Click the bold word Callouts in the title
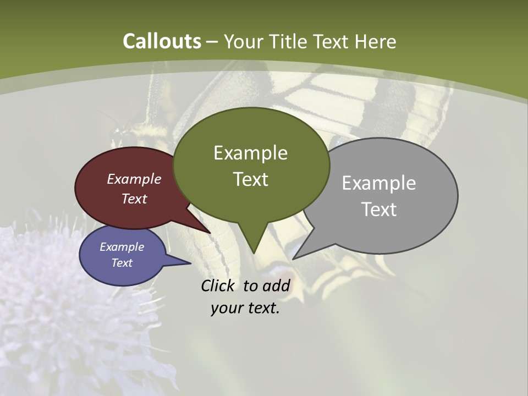click(162, 41)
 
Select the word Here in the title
click(376, 41)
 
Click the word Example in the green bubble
click(250, 153)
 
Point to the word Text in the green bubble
click(250, 179)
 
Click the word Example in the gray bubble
click(378, 183)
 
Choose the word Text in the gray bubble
click(379, 209)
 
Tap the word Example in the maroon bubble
click(134, 179)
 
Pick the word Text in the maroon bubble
click(134, 199)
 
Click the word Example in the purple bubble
click(122, 247)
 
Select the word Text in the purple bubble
click(122, 263)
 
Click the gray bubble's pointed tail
click(297, 256)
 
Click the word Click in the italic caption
click(219, 285)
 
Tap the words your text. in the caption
click(245, 308)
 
